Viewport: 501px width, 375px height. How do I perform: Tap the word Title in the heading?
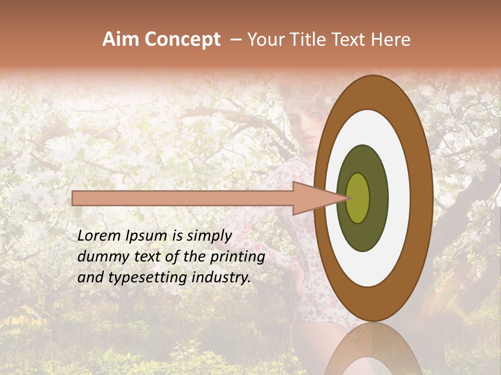[311, 40]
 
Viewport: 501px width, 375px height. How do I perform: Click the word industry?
[222, 278]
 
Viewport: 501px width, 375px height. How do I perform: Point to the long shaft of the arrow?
[183, 198]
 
